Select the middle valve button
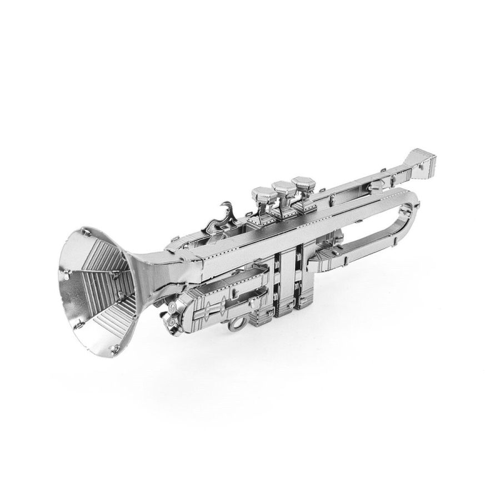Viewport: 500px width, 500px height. tap(283, 188)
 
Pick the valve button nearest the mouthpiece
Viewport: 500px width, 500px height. tap(303, 183)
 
